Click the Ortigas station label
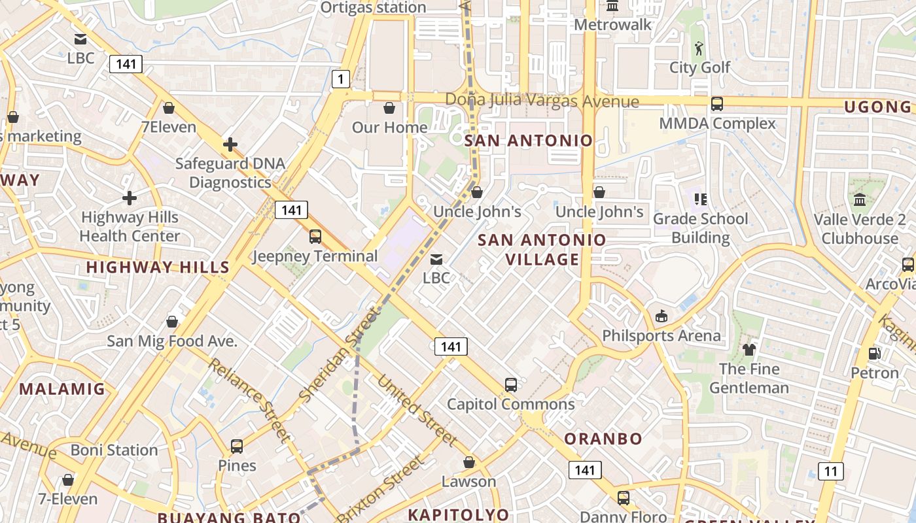point(373,7)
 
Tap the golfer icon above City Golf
point(699,48)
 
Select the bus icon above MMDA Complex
point(717,103)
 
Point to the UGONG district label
point(877,107)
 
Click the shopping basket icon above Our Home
point(389,107)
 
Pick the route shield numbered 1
point(340,80)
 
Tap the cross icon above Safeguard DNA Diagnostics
point(230,144)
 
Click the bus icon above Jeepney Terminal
point(315,236)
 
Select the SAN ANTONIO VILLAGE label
point(542,250)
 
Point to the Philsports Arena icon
point(661,316)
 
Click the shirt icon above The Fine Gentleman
point(749,350)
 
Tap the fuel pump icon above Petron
point(874,354)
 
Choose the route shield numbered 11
point(830,471)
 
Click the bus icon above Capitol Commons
point(511,385)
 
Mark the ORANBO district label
point(603,439)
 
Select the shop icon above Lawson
point(469,462)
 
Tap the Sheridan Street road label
point(339,354)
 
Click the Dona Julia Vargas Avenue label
point(542,101)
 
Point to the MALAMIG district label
point(62,389)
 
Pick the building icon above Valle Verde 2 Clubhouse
point(860,199)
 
